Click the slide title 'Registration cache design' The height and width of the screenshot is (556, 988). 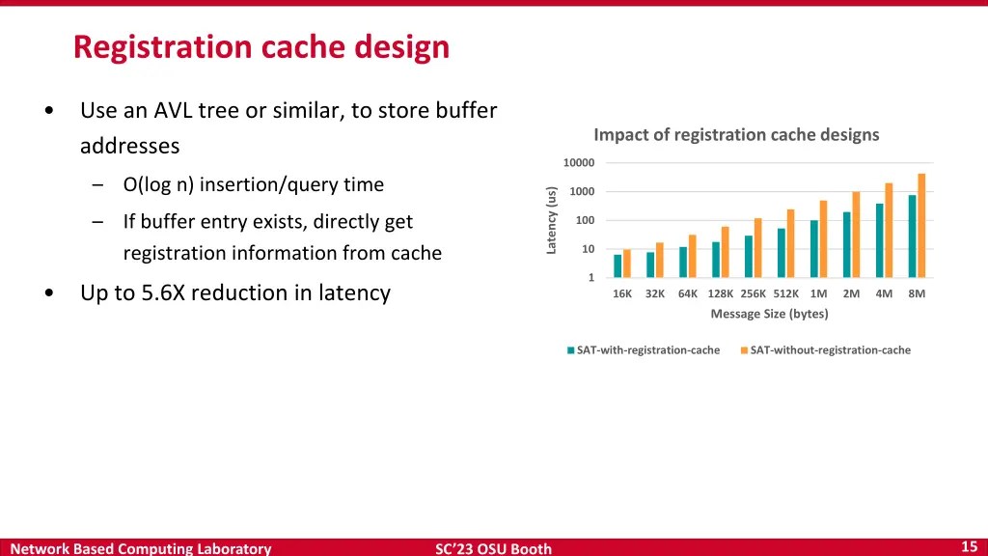pyautogui.click(x=261, y=46)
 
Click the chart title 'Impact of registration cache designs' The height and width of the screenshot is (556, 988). pyautogui.click(x=736, y=135)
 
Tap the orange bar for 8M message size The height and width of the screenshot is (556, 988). pyautogui.click(x=921, y=226)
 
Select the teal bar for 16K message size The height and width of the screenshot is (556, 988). pyautogui.click(x=617, y=266)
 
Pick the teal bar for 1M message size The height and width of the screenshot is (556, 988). pyautogui.click(x=813, y=249)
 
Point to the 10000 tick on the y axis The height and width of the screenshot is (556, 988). pyautogui.click(x=580, y=163)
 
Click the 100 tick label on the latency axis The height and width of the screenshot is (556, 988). pyautogui.click(x=586, y=221)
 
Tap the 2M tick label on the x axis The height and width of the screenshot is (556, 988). pyautogui.click(x=851, y=294)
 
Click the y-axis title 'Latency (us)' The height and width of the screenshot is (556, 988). pyautogui.click(x=552, y=221)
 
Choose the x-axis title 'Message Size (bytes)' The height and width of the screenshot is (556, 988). pyautogui.click(x=769, y=314)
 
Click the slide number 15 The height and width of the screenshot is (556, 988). pyautogui.click(x=970, y=546)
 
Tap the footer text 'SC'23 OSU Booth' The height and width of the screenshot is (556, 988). pyautogui.click(x=493, y=548)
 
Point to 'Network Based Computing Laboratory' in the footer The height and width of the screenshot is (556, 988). pyautogui.click(x=141, y=548)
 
